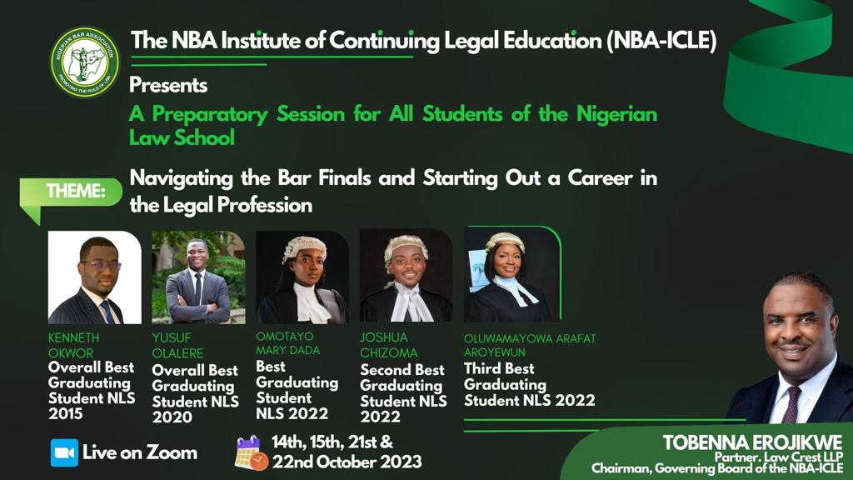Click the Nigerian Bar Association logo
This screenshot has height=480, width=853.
tap(84, 62)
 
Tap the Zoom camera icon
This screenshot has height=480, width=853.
tap(64, 452)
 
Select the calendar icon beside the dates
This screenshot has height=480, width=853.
tap(251, 452)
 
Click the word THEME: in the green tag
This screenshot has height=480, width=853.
tap(76, 191)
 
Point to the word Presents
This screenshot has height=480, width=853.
tap(168, 85)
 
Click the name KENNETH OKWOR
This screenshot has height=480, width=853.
tap(74, 345)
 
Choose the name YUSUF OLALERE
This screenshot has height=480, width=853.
tap(178, 345)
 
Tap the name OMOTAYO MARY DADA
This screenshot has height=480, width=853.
tap(287, 342)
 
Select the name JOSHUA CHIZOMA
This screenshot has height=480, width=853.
tap(388, 345)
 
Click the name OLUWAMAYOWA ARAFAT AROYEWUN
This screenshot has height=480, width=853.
tap(530, 345)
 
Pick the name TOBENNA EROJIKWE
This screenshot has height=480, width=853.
tap(752, 442)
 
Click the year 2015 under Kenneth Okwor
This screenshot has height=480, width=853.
tap(66, 413)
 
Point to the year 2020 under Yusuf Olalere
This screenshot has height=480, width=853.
tap(172, 417)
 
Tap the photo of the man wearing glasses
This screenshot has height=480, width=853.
tap(95, 277)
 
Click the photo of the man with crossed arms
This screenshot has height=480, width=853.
tap(198, 277)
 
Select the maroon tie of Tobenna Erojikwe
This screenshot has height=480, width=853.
tap(791, 403)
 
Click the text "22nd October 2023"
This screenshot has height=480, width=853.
tap(347, 462)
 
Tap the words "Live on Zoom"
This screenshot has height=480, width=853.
tap(140, 452)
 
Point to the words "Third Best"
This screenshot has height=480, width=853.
tap(499, 368)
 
